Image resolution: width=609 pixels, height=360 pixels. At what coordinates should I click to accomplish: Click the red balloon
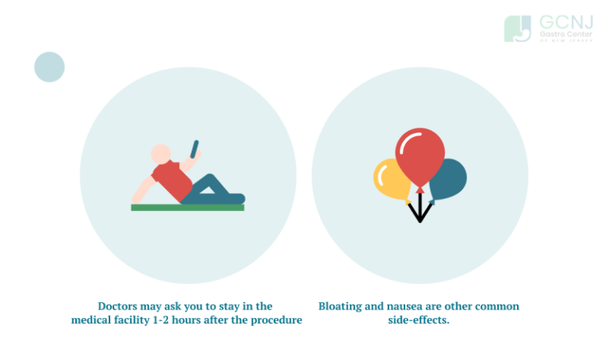[420, 159]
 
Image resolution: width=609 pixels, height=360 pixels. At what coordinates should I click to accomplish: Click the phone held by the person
[194, 148]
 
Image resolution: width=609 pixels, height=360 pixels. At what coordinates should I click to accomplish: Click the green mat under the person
[187, 208]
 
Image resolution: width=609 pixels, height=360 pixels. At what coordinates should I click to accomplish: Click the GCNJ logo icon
[518, 29]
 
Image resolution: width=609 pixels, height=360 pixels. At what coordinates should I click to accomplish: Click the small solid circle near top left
[49, 67]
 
